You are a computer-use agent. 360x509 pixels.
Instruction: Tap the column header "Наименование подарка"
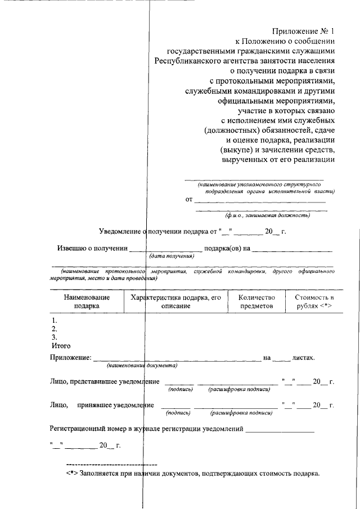coord(87,301)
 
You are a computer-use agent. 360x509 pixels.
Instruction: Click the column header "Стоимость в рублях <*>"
coord(310,301)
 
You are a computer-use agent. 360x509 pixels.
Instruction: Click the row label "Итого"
coord(61,345)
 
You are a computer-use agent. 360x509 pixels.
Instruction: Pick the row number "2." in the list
coord(55,328)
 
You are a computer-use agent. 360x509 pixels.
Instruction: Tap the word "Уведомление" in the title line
coord(121,231)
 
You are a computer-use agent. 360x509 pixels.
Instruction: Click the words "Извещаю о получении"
coord(92,248)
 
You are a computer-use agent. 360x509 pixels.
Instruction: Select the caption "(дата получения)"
coord(172,256)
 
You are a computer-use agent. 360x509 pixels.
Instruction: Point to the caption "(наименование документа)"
coord(142,366)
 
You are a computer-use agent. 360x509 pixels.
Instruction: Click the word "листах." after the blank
coord(304,357)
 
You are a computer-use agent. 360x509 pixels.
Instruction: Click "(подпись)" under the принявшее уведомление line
coord(178,413)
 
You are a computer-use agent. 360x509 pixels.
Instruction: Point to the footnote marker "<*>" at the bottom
coord(72,473)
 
